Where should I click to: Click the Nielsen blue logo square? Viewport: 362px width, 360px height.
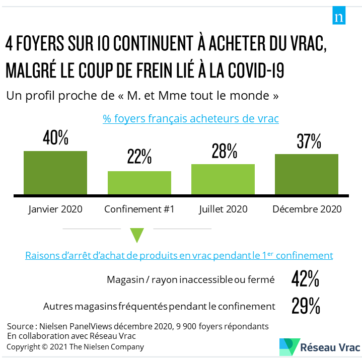339,17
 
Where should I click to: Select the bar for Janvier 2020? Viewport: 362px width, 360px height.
55,173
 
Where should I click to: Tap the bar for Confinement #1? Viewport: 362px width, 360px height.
139,183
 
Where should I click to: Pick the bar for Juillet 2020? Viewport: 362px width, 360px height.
223,179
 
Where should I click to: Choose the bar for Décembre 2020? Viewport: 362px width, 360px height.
306,174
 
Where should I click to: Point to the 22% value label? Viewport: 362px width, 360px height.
139,158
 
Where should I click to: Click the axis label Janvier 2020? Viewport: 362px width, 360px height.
55,209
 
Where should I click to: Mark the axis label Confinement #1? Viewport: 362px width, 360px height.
139,209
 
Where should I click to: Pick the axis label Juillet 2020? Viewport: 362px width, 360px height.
223,209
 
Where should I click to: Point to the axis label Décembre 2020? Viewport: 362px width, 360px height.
307,209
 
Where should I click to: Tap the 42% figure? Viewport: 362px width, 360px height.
305,279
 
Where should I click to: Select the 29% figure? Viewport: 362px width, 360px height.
305,306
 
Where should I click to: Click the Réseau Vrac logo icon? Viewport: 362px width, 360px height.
289,347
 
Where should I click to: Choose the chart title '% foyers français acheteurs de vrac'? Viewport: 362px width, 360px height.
191,119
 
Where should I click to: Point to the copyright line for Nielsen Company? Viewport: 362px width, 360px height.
75,347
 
